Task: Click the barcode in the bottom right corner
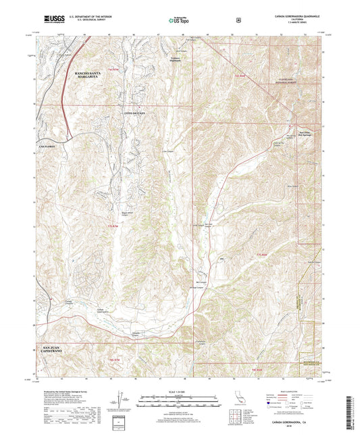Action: pos(351,413)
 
